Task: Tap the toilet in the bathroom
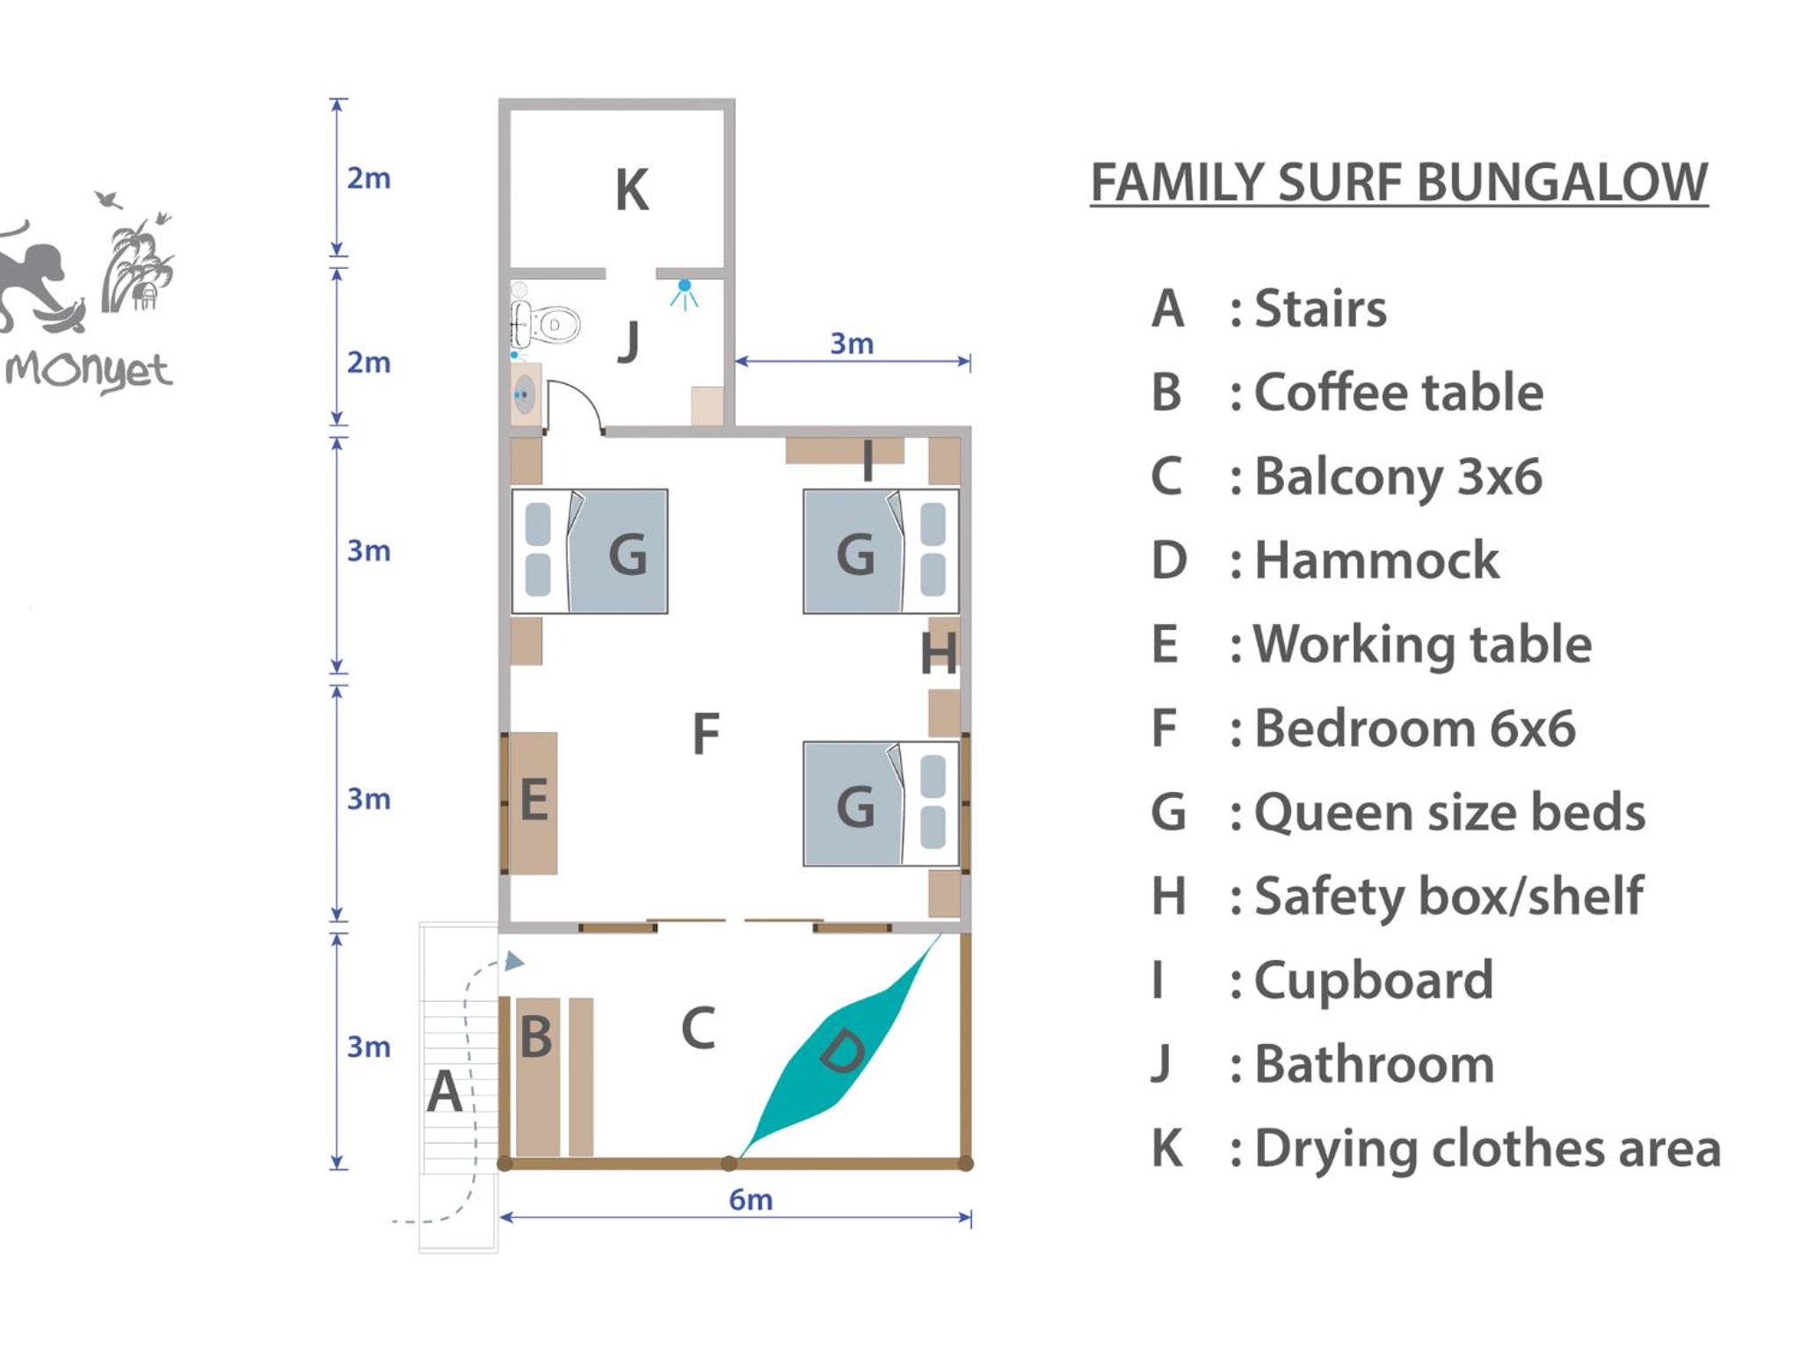pos(547,325)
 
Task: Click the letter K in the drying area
pos(632,190)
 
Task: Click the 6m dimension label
pos(751,1199)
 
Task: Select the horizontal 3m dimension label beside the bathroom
pos(852,343)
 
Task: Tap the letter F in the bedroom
pos(706,734)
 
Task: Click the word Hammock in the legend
pos(1376,560)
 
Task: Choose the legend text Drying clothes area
pos(1487,1148)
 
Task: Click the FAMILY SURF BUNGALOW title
pos(1399,182)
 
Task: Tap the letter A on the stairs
pos(445,1092)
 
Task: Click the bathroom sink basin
pos(525,395)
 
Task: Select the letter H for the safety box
pos(939,654)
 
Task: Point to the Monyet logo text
pos(88,371)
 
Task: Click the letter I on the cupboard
pos(867,461)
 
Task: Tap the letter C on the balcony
pos(699,1027)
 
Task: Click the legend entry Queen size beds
pos(1449,812)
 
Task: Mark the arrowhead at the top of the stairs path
pos(515,962)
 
